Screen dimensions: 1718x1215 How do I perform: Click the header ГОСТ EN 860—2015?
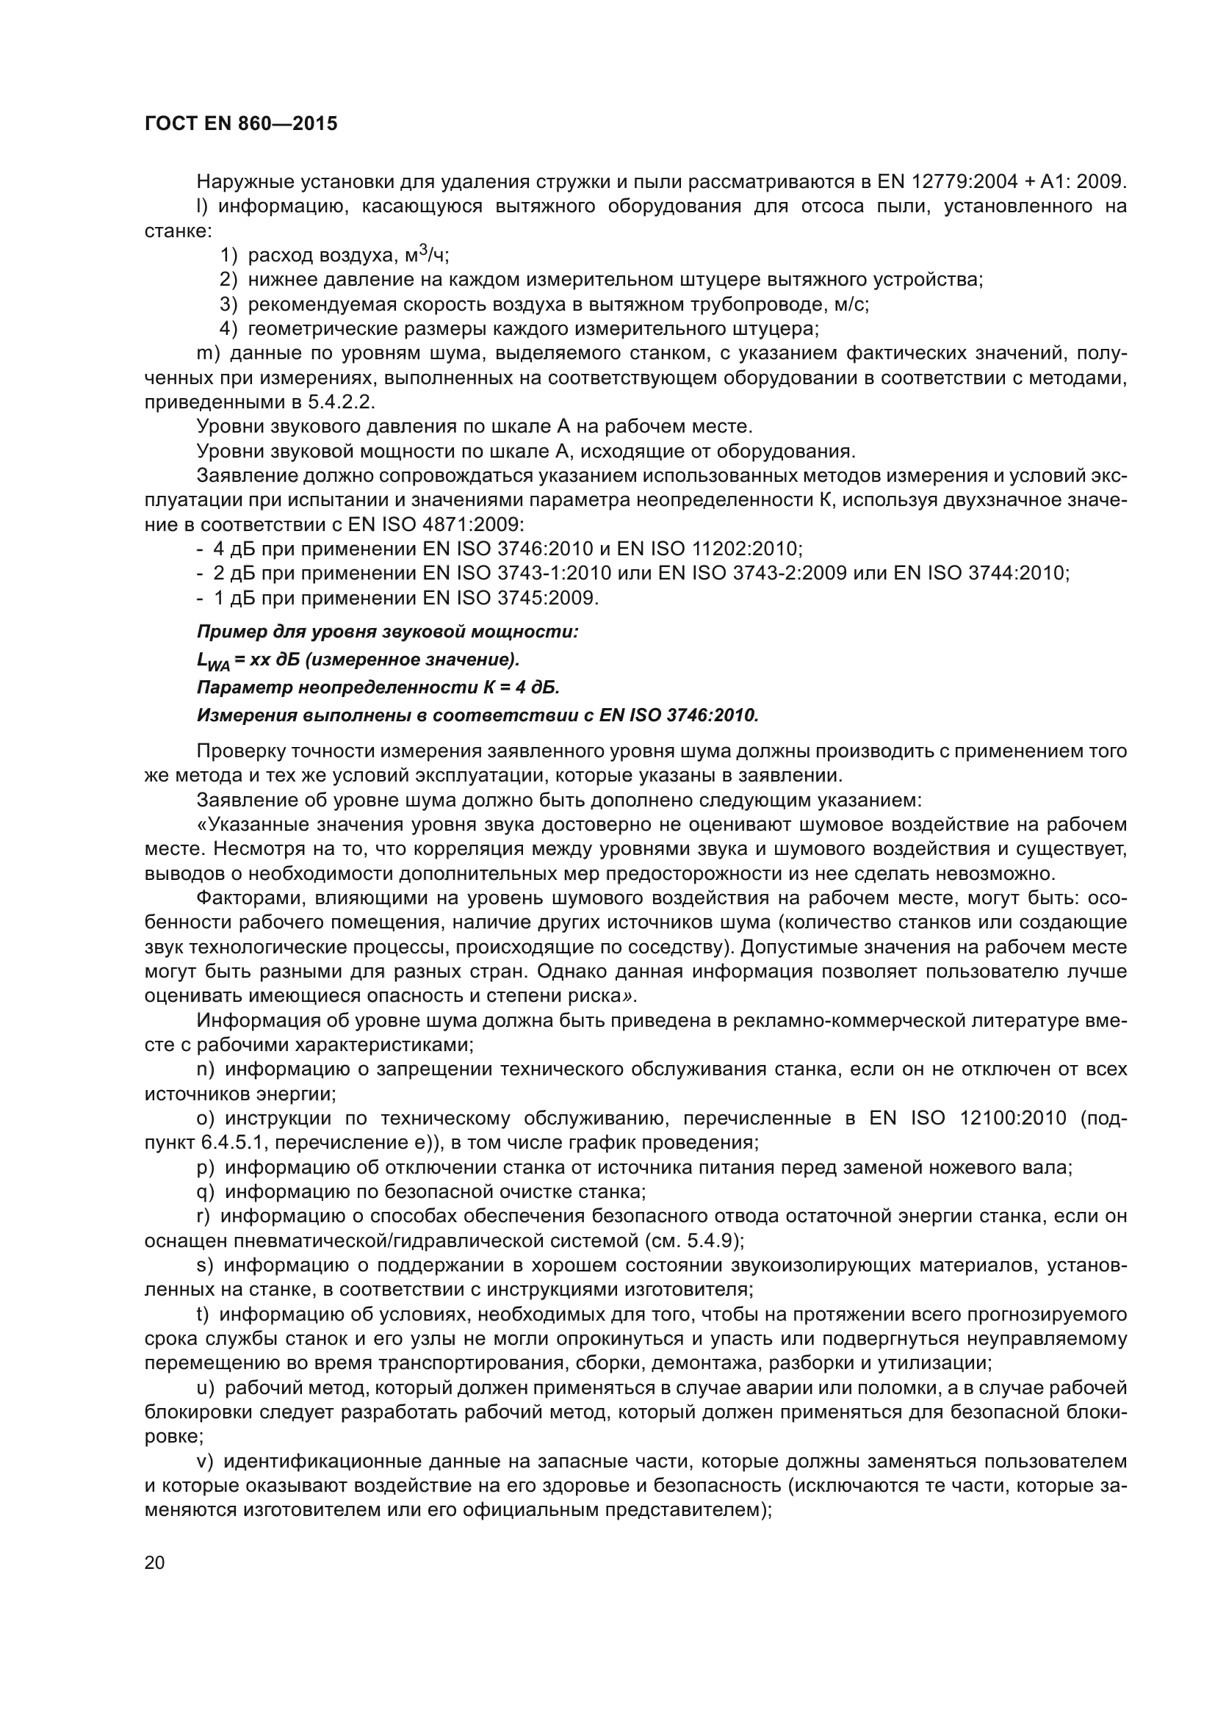pyautogui.click(x=240, y=123)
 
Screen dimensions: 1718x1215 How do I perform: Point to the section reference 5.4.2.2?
pyautogui.click(x=339, y=402)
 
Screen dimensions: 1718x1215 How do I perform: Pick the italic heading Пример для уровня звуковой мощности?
pyautogui.click(x=388, y=632)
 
